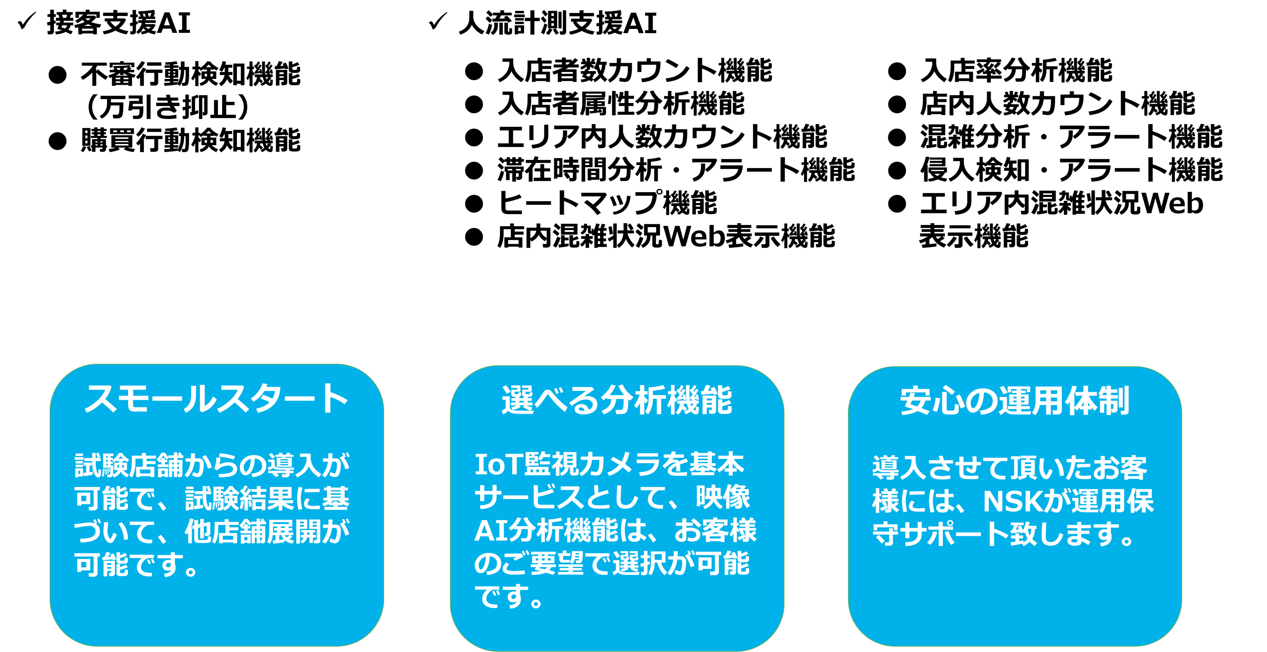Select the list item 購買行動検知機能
190,140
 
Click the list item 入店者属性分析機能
621,104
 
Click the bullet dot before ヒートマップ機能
474,204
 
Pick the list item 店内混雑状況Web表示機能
666,237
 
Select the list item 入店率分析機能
1016,70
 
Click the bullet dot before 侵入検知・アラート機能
897,171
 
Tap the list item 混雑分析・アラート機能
1071,137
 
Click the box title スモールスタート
216,398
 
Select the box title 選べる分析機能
617,400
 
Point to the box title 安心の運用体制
1014,401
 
